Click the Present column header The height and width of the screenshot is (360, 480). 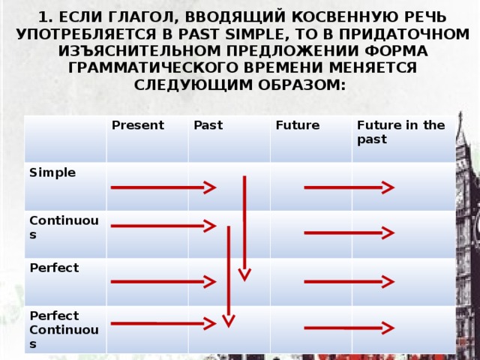click(138, 125)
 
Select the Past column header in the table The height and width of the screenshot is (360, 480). click(208, 125)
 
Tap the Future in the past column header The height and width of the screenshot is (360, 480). click(400, 132)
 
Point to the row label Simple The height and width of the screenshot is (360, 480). click(52, 172)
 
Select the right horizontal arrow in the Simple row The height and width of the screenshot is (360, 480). click(349, 187)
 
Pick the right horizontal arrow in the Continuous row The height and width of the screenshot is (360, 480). click(349, 233)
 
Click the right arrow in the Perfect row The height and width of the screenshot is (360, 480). click(349, 281)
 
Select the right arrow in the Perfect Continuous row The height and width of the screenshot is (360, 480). click(349, 328)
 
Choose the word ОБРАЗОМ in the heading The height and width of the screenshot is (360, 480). click(299, 85)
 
